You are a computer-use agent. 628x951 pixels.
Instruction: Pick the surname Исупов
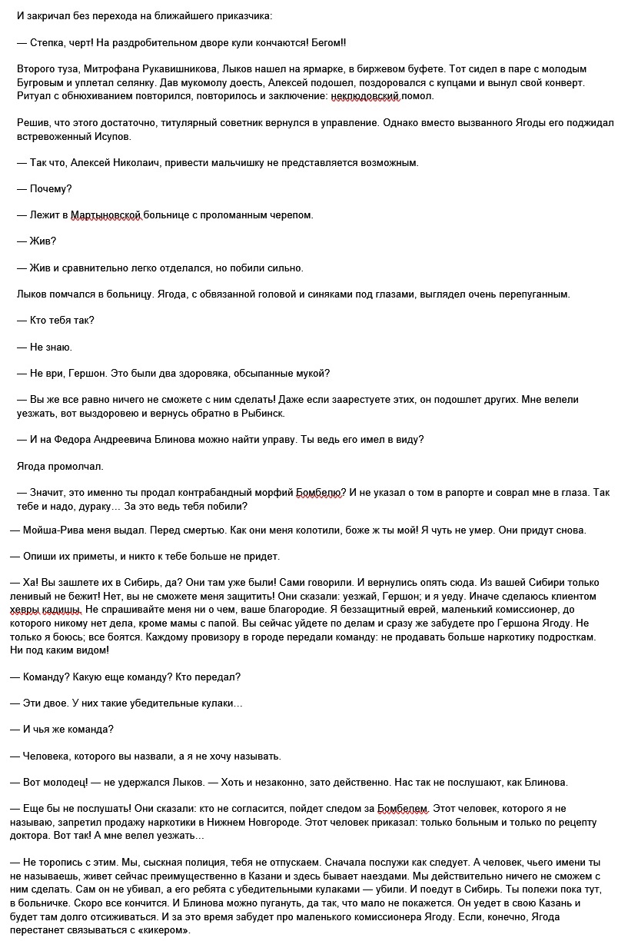pyautogui.click(x=112, y=136)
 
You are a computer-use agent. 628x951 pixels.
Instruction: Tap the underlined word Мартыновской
pyautogui.click(x=106, y=215)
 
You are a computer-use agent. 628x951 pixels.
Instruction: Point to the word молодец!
pyautogui.click(x=61, y=783)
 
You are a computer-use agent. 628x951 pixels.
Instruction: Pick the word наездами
pyautogui.click(x=389, y=876)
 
